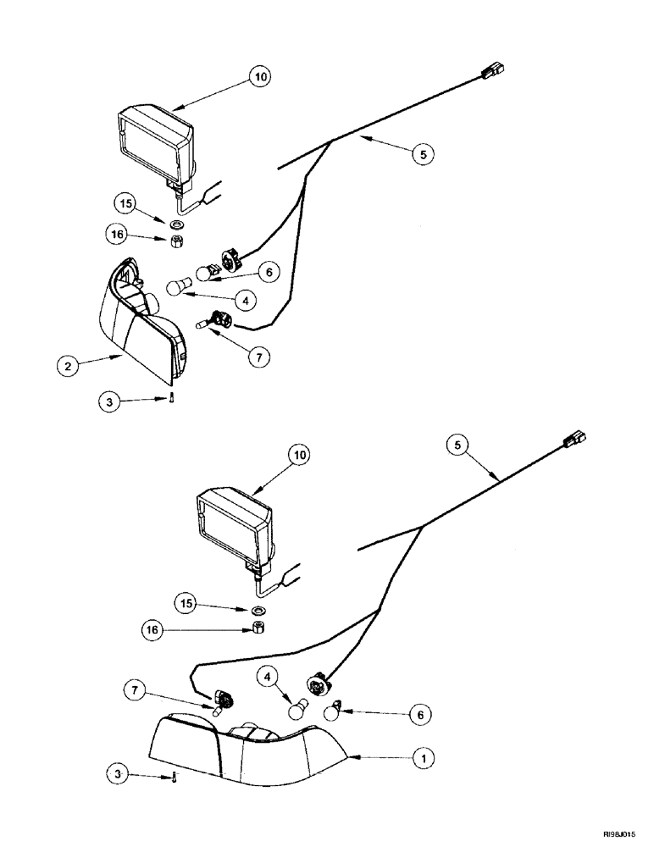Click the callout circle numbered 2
click(x=64, y=368)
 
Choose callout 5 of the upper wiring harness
click(x=423, y=153)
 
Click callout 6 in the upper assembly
click(x=268, y=273)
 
